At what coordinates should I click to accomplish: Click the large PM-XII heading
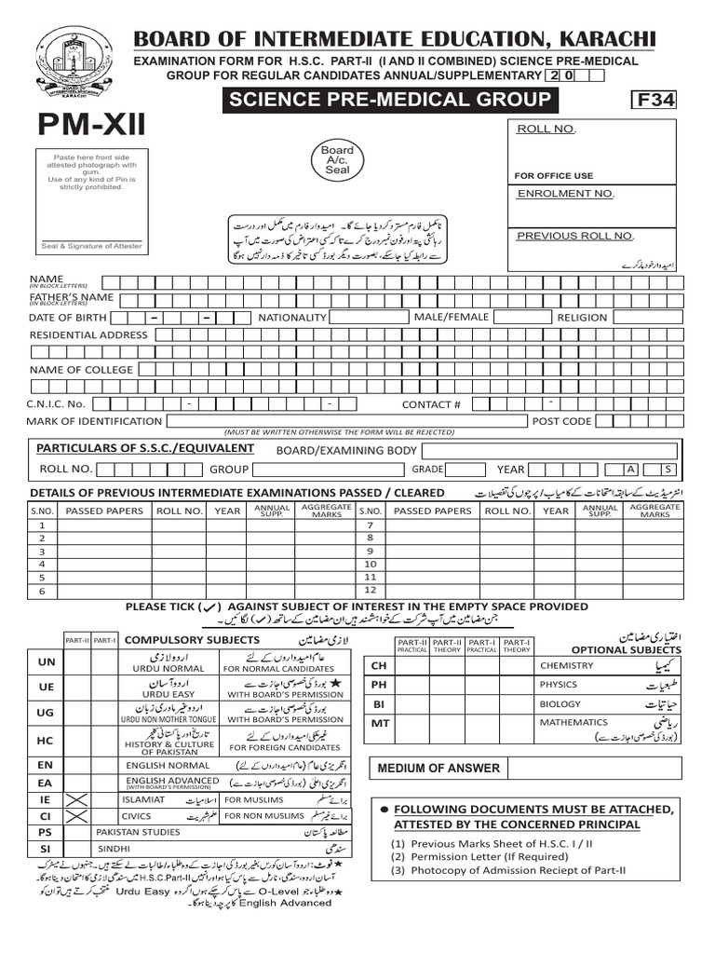tap(91, 125)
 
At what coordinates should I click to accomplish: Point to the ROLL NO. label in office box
tap(546, 129)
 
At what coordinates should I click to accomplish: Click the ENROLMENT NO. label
tap(566, 194)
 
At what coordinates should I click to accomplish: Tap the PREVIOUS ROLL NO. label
tap(575, 236)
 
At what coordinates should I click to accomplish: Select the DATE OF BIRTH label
tap(68, 318)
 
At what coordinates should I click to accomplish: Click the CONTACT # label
tap(431, 404)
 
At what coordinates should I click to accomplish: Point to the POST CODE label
tap(561, 421)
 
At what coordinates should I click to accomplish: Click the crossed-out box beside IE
tap(76, 799)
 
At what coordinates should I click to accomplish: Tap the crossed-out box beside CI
tap(76, 816)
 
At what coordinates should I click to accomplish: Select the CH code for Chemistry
tap(379, 665)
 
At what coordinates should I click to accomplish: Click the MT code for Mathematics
tap(379, 723)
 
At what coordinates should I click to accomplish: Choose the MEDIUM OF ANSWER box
tap(438, 769)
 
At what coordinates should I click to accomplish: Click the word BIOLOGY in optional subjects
tap(560, 704)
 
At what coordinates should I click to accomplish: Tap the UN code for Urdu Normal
tap(45, 661)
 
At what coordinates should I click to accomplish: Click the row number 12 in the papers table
tap(370, 591)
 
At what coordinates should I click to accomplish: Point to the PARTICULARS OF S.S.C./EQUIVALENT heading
tap(144, 449)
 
